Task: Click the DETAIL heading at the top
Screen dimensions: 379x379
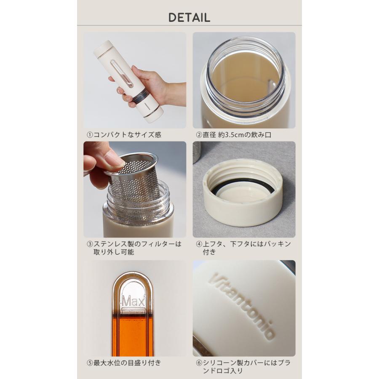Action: click(189, 18)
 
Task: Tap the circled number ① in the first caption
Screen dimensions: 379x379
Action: click(90, 135)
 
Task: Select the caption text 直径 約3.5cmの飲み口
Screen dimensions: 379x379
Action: click(237, 135)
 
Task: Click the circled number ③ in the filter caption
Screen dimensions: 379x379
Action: click(90, 244)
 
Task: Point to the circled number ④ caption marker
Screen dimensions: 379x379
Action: click(199, 244)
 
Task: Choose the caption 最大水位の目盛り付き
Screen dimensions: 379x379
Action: click(127, 363)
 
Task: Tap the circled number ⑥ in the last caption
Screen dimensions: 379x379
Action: click(199, 363)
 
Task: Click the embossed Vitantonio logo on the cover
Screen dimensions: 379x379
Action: click(242, 306)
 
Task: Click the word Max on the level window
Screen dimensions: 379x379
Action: click(133, 301)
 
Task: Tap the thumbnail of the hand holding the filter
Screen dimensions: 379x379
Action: click(135, 189)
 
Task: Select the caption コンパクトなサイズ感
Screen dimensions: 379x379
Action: click(127, 135)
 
